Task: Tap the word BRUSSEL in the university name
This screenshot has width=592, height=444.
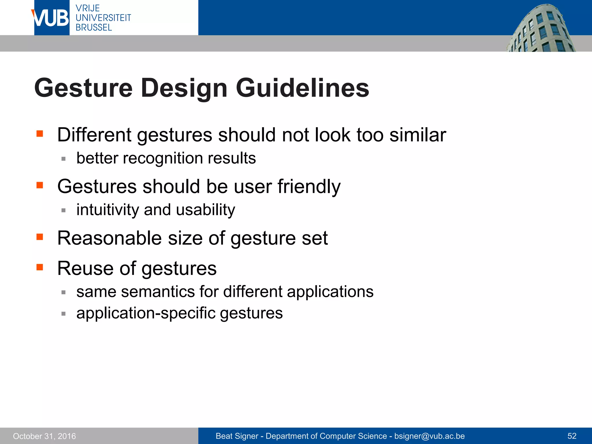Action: pos(94,27)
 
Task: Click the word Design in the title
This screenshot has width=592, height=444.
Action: pos(184,88)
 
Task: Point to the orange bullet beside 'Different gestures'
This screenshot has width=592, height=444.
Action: pos(40,134)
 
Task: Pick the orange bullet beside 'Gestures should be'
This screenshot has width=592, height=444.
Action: pos(40,185)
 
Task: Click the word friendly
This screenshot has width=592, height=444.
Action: pos(309,186)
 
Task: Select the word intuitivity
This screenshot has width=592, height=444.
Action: pos(108,210)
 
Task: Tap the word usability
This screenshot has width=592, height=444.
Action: pos(206,210)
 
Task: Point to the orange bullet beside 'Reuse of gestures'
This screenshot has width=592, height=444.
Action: pos(40,267)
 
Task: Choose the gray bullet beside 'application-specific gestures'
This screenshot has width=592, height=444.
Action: pos(64,314)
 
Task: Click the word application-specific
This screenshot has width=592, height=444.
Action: pos(146,313)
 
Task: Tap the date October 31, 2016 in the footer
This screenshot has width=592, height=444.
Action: pos(45,436)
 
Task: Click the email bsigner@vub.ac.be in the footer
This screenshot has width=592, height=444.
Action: pos(430,436)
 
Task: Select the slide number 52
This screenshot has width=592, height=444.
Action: pos(572,436)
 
